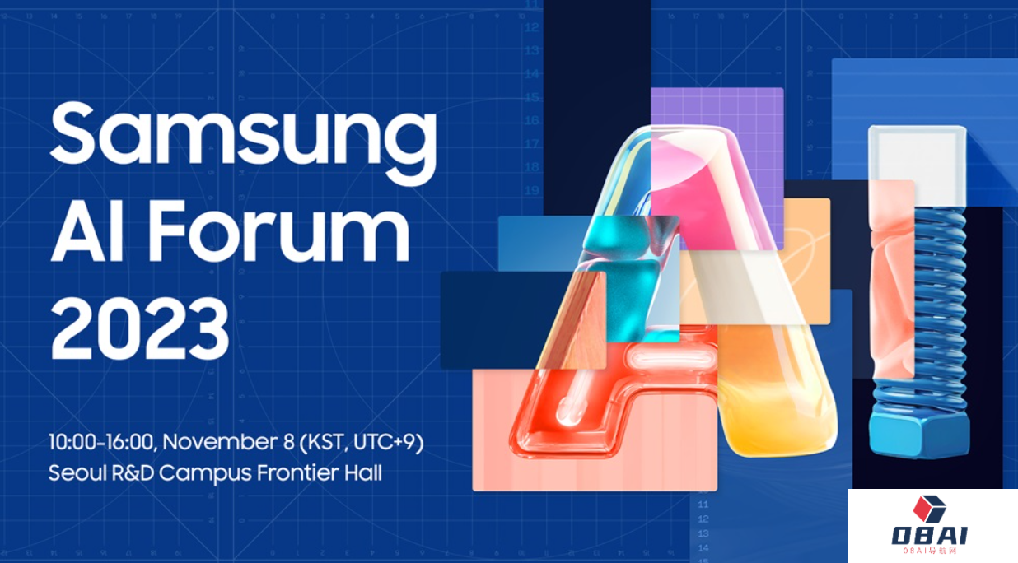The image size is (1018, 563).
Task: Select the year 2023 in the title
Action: [139, 328]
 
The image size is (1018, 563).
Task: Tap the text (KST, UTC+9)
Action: [362, 442]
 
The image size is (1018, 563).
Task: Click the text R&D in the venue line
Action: [133, 473]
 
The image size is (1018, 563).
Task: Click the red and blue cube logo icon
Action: [929, 509]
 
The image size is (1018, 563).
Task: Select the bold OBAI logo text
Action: [930, 536]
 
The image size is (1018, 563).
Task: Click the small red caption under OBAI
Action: [930, 551]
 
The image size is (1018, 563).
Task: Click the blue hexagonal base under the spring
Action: [919, 434]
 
